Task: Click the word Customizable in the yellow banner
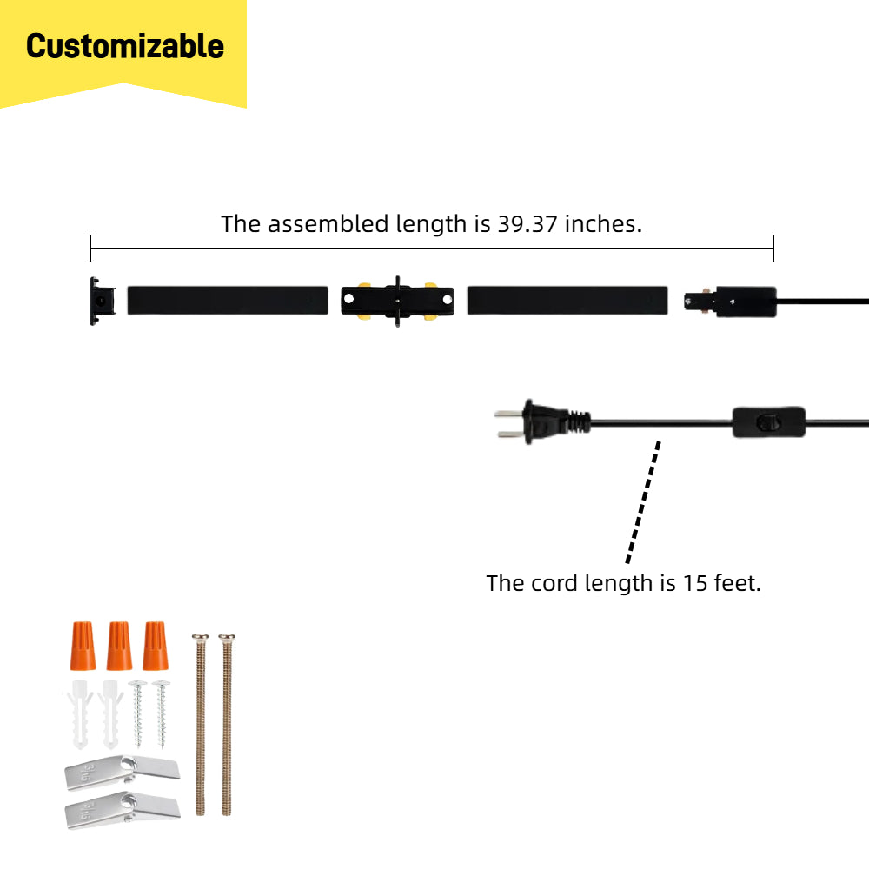click(x=125, y=46)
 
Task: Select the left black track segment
click(x=228, y=300)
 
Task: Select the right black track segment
click(x=567, y=300)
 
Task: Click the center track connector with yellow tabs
click(x=397, y=302)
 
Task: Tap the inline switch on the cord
click(x=767, y=421)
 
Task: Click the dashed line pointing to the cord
click(x=643, y=501)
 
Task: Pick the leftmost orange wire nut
click(x=83, y=645)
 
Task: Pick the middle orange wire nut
click(x=119, y=645)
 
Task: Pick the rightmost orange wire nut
click(x=156, y=645)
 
